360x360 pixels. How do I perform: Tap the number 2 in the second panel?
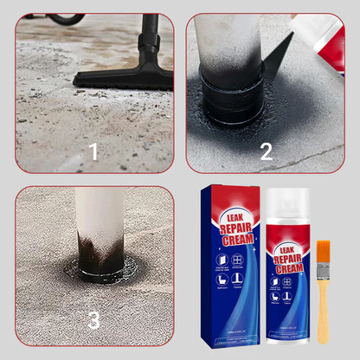(266, 152)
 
